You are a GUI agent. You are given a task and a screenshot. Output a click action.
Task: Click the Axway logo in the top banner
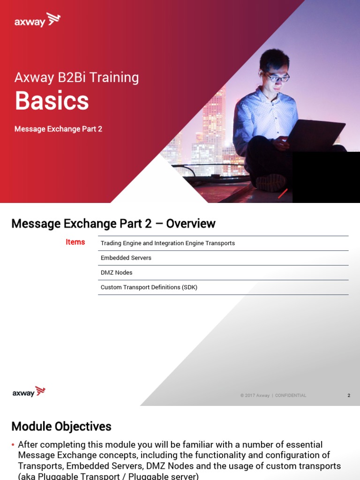coord(37,21)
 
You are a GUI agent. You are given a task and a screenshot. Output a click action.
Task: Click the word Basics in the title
coord(52,101)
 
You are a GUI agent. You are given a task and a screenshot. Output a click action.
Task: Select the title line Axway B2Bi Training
coord(76,77)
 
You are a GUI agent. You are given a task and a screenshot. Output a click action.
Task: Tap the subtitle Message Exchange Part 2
coord(58,129)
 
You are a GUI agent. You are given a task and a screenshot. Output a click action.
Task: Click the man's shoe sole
coord(271,182)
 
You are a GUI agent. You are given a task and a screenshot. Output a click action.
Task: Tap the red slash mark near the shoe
coord(283,194)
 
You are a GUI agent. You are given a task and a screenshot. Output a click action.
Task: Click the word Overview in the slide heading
coord(191,224)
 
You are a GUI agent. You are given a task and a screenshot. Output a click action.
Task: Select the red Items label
coord(75,242)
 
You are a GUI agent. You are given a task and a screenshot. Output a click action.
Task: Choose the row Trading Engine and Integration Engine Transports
coord(167,243)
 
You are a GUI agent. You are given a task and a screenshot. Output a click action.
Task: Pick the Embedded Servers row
coord(126,258)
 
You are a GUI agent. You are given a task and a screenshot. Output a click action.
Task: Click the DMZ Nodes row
coord(116,272)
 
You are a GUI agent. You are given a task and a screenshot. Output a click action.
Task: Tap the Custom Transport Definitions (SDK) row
coord(149,287)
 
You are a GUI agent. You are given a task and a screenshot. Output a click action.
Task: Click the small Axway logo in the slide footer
coord(29,392)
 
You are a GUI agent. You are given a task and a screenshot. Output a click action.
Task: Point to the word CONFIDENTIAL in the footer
coord(291,396)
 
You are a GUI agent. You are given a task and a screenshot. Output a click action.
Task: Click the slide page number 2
coord(349,396)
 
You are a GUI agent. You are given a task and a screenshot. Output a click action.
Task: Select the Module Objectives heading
coord(61,426)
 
